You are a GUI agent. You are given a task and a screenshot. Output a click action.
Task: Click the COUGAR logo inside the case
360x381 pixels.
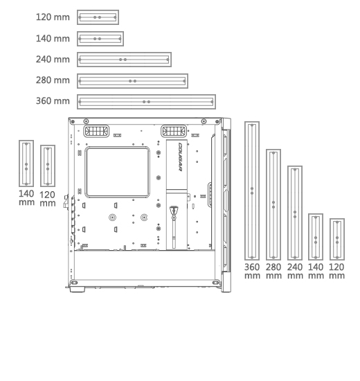[x=181, y=157]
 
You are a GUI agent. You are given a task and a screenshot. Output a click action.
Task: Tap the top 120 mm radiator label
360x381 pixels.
[x=53, y=17]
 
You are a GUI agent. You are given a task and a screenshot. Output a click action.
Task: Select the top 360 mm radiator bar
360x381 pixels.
[x=146, y=102]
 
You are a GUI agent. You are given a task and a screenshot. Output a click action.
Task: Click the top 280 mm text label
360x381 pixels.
[x=53, y=80]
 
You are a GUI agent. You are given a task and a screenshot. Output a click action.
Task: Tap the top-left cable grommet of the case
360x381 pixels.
[x=96, y=131]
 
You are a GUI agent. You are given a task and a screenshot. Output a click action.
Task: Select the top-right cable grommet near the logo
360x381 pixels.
[x=174, y=131]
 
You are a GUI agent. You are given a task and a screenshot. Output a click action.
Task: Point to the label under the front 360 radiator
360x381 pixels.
[x=252, y=271]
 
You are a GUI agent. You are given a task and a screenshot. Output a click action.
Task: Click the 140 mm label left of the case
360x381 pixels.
[x=26, y=198]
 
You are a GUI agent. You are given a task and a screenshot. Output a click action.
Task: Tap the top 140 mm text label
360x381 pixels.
[x=53, y=39]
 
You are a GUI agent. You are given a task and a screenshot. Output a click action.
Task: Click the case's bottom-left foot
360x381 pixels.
[x=78, y=289]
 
